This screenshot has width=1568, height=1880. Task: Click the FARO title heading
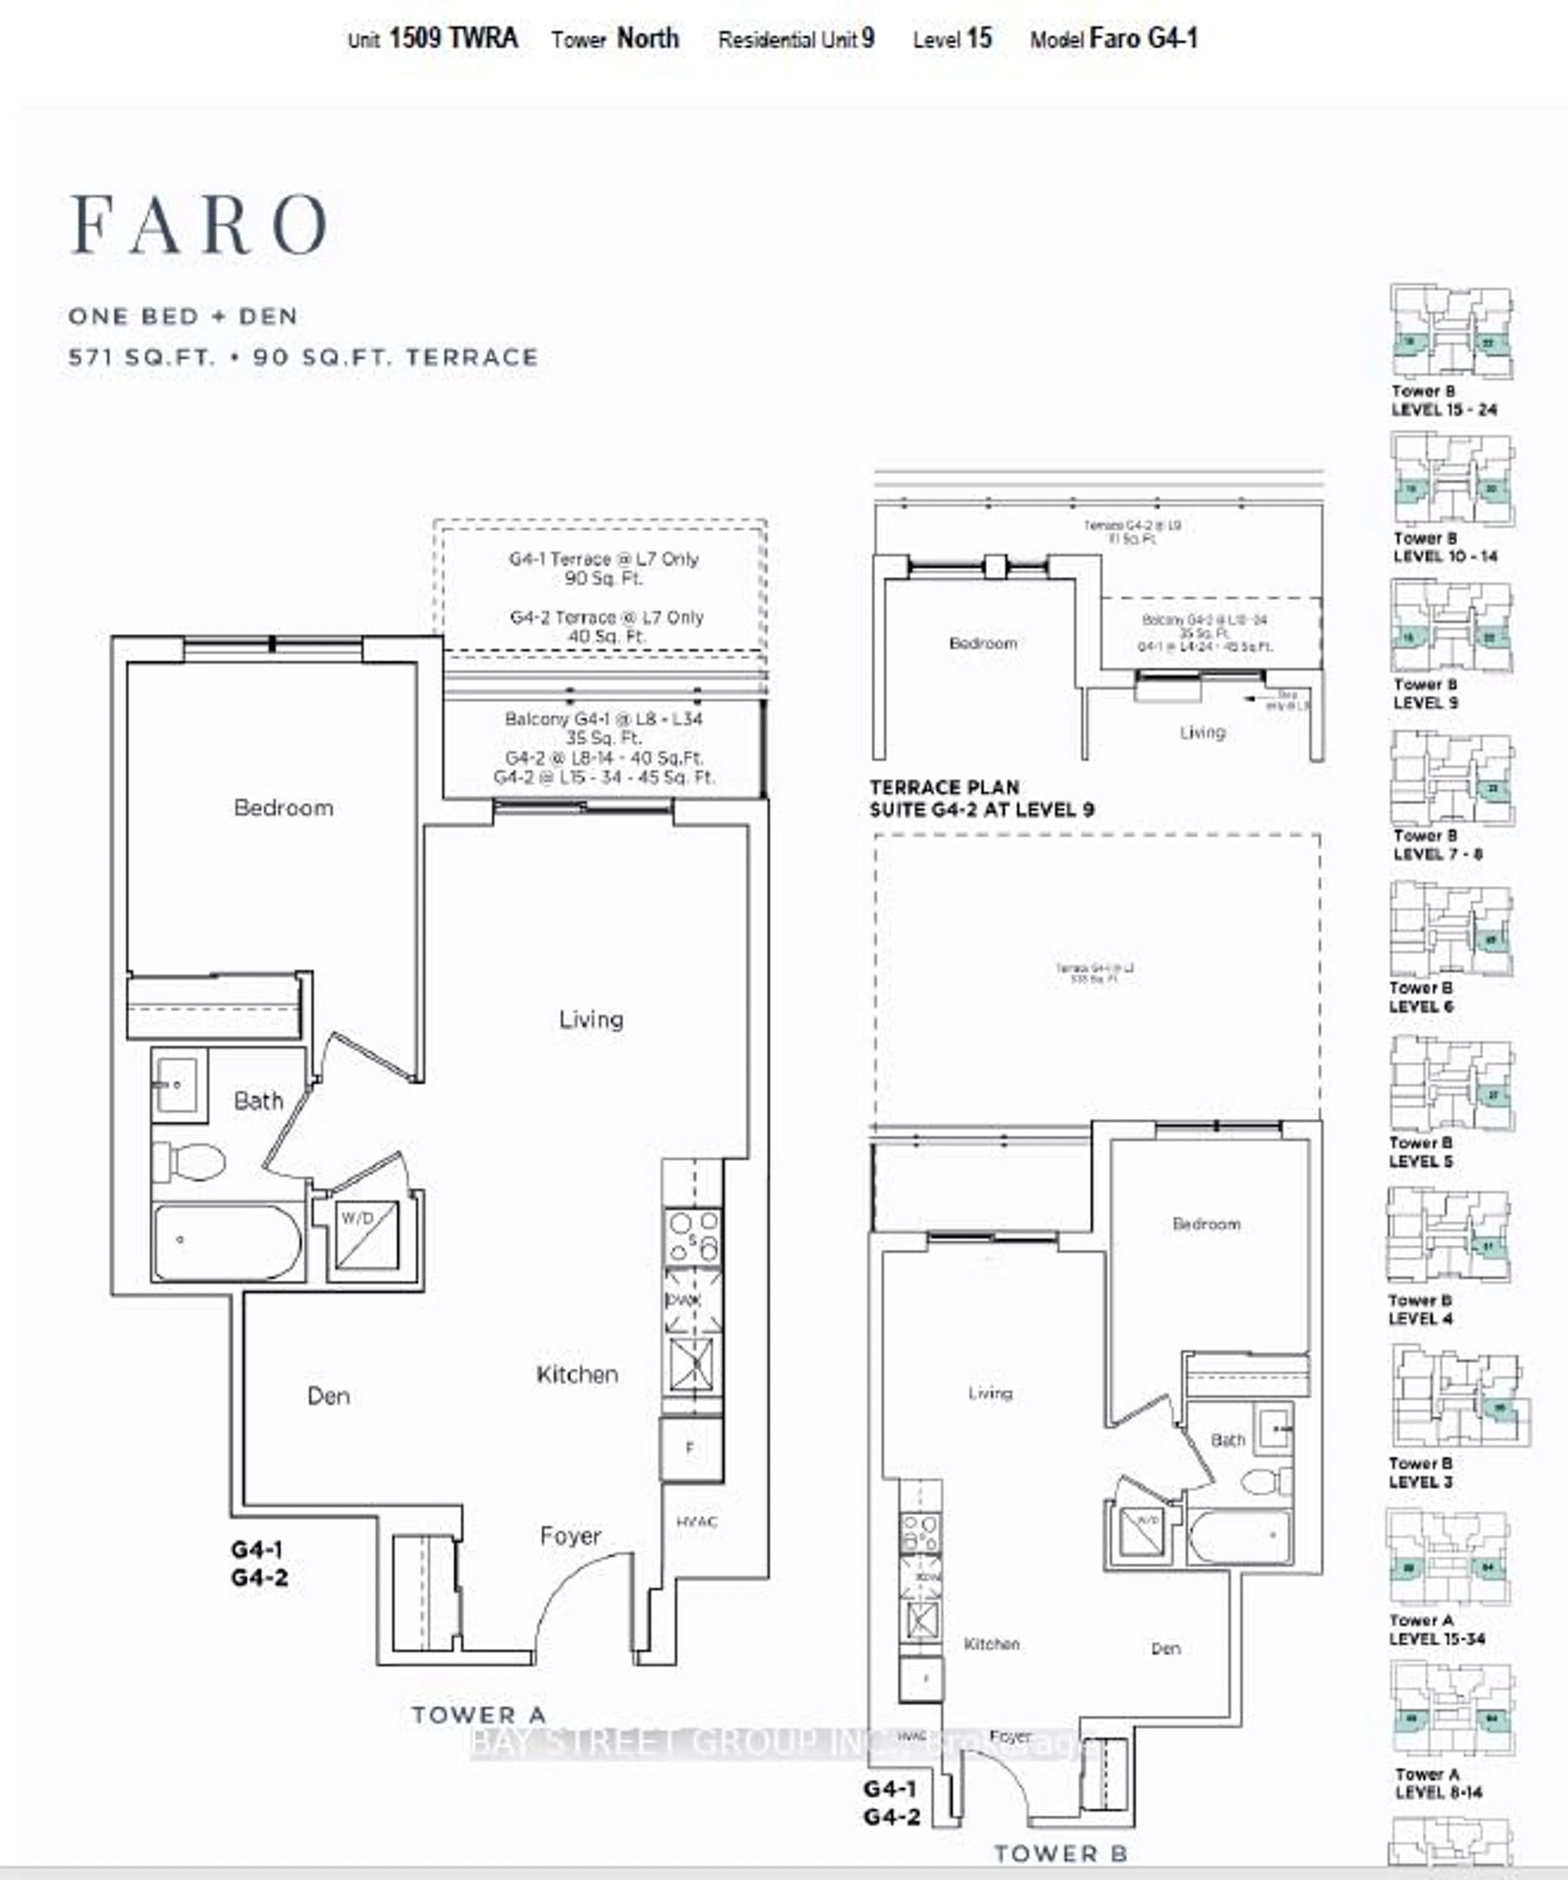click(x=199, y=225)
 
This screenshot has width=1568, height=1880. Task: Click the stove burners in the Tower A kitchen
click(x=692, y=1235)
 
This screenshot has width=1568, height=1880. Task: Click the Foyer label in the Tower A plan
click(x=570, y=1536)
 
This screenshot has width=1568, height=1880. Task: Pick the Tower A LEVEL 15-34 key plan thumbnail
click(x=1449, y=1556)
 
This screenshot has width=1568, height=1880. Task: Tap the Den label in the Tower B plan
click(x=1165, y=1648)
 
